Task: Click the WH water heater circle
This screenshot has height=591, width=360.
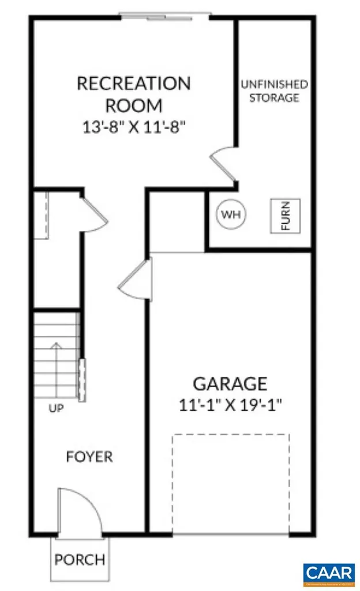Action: pyautogui.click(x=231, y=215)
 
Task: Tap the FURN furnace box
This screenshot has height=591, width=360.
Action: pyautogui.click(x=286, y=215)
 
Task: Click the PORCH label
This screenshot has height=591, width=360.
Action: pyautogui.click(x=80, y=559)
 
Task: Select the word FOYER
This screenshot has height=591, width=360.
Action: pyautogui.click(x=89, y=457)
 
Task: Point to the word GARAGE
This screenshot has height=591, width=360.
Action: pyautogui.click(x=230, y=383)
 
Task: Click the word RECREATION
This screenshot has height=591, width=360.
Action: pyautogui.click(x=133, y=84)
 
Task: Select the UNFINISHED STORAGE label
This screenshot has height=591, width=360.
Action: pyautogui.click(x=273, y=91)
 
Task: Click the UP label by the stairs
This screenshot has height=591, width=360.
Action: pyautogui.click(x=56, y=409)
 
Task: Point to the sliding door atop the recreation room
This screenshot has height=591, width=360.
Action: pyautogui.click(x=164, y=16)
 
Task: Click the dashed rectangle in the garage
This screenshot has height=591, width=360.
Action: pyautogui.click(x=230, y=484)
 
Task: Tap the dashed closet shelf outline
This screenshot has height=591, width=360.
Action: pyautogui.click(x=40, y=215)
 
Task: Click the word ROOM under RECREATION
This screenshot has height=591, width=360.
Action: pyautogui.click(x=133, y=106)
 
